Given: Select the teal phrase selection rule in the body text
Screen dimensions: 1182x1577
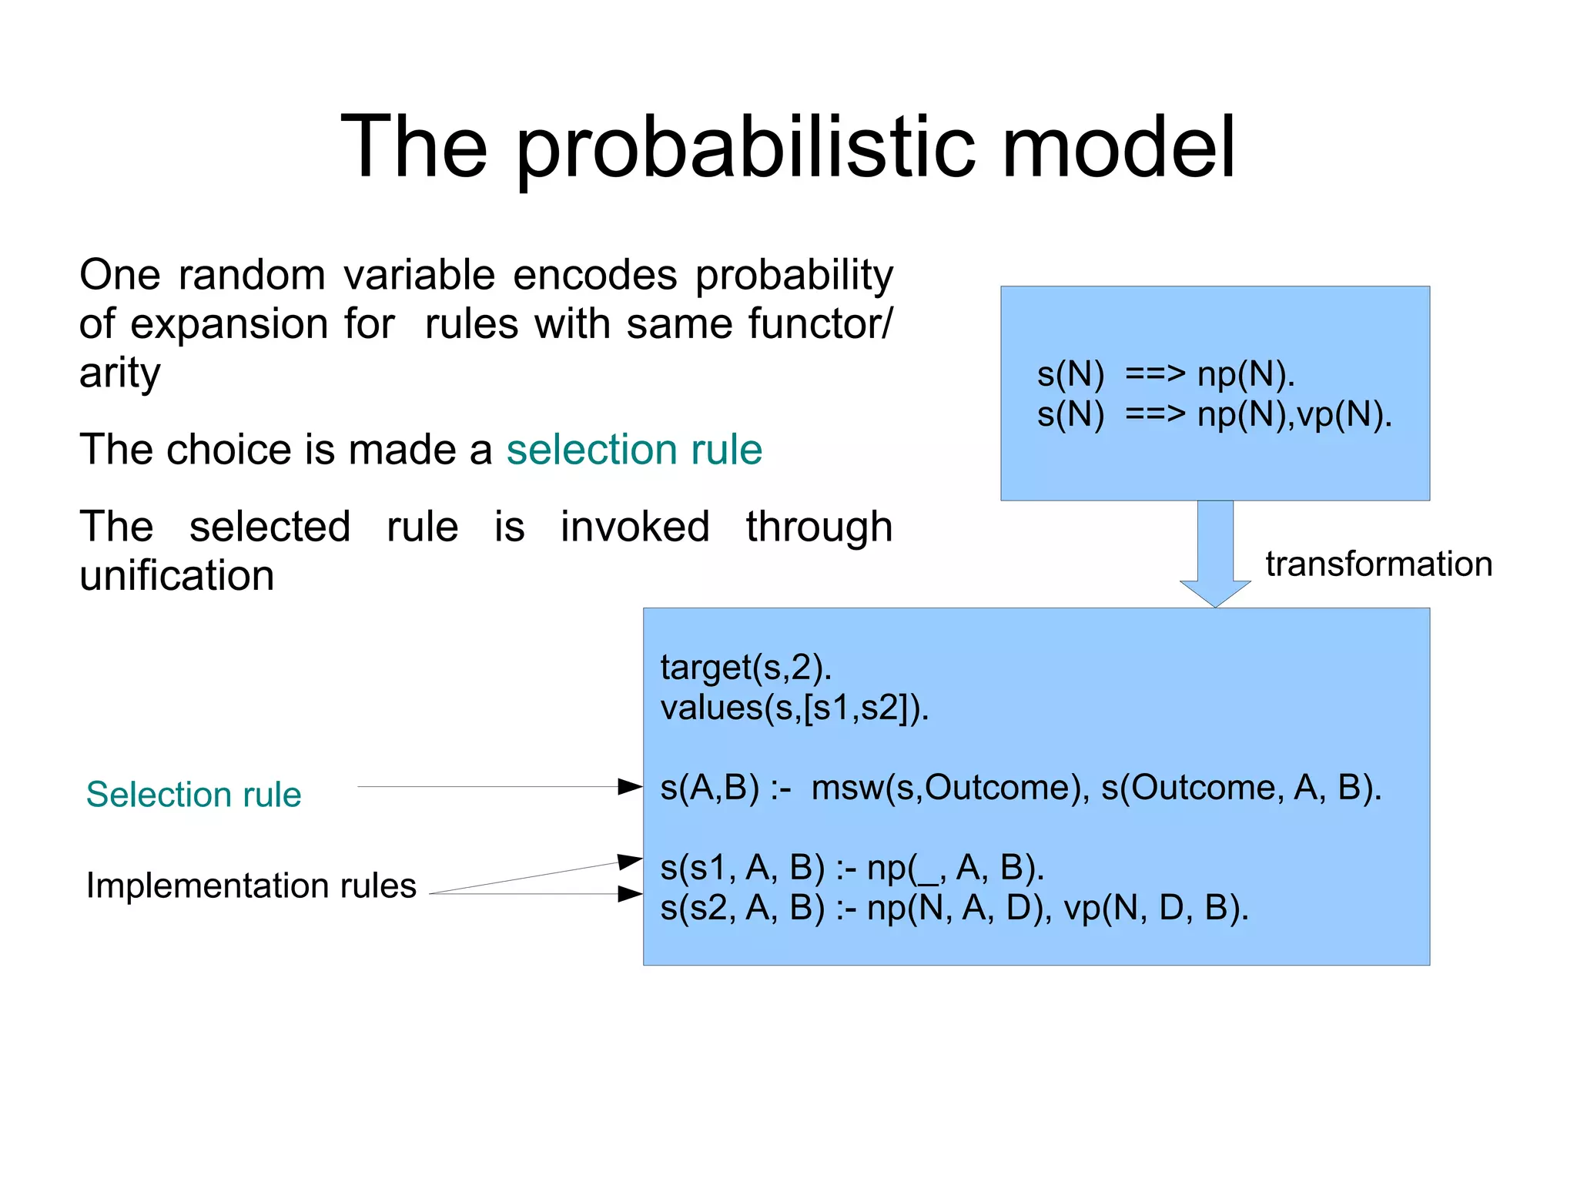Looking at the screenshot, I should (x=634, y=450).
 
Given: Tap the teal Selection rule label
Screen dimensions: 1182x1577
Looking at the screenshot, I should (x=193, y=795).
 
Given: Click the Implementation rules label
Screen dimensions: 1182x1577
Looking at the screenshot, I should (x=251, y=886).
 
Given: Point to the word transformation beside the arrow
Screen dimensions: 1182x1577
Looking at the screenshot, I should (x=1378, y=564).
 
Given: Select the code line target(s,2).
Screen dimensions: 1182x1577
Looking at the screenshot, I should (x=745, y=667).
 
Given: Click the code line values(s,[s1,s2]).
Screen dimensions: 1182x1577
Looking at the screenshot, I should (x=795, y=707).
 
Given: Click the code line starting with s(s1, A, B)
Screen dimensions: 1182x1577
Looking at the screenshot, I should (x=852, y=868).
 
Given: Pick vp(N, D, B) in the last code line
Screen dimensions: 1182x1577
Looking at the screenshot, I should (x=1155, y=909).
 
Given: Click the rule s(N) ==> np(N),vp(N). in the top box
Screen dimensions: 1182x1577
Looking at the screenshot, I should (x=1214, y=415).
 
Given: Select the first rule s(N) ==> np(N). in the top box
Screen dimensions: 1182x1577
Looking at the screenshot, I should (x=1165, y=375).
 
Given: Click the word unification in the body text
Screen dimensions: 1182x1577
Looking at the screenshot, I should (x=176, y=576).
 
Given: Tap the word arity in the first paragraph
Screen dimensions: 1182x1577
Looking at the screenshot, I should (x=119, y=373).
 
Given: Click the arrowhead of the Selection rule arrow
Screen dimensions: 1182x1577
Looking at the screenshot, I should (x=631, y=786).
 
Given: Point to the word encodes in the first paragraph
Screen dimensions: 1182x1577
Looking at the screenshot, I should (x=595, y=275).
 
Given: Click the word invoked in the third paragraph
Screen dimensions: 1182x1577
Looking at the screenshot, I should (x=634, y=527).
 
